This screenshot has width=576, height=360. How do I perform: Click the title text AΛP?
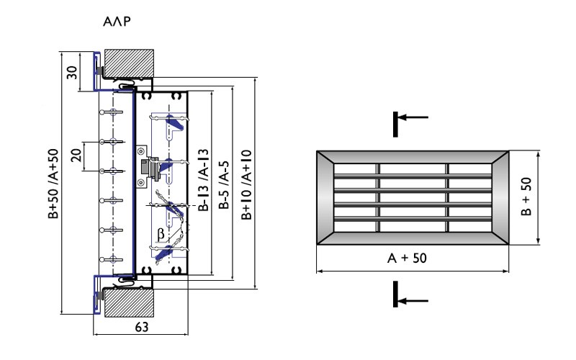tap(116, 22)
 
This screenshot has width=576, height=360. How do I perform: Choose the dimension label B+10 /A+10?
tap(247, 184)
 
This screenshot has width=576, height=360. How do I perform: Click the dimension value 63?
tap(141, 328)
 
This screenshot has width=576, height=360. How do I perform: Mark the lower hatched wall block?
tap(130, 302)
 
